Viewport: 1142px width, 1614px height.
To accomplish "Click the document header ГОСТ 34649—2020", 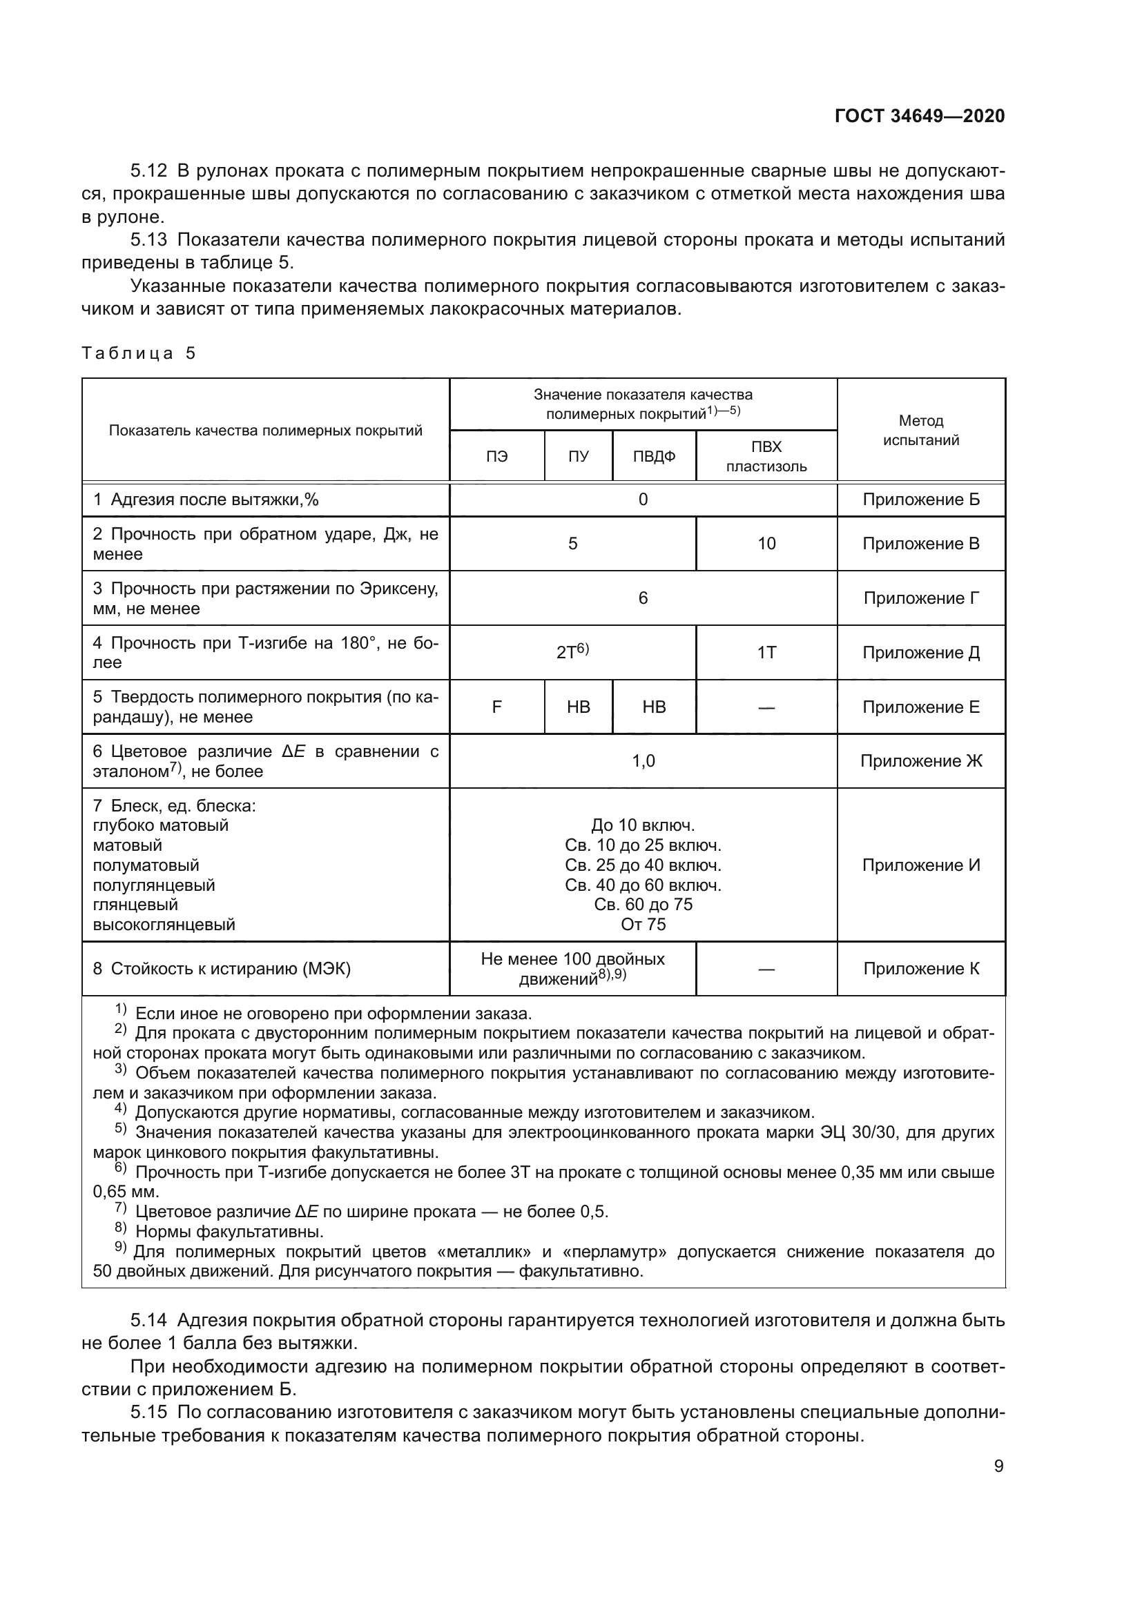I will pyautogui.click(x=920, y=116).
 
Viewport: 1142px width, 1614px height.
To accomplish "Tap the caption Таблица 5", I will pyautogui.click(x=139, y=353).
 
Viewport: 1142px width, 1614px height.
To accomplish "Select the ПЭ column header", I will pyautogui.click(x=496, y=456).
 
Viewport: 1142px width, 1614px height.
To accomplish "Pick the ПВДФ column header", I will pyautogui.click(x=654, y=456).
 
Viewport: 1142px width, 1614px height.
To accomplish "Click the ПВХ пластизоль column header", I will pyautogui.click(x=766, y=456).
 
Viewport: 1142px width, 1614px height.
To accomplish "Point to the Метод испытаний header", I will pyautogui.click(x=920, y=430).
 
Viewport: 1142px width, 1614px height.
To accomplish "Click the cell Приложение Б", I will pyautogui.click(x=920, y=500).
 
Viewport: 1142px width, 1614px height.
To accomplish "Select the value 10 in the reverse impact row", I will pyautogui.click(x=766, y=543).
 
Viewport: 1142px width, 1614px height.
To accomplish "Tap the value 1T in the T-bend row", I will pyautogui.click(x=766, y=653).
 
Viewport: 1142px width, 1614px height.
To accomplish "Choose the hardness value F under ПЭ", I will pyautogui.click(x=496, y=707).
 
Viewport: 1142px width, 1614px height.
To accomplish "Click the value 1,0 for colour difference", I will pyautogui.click(x=643, y=761).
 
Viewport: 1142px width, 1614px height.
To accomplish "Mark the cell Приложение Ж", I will pyautogui.click(x=920, y=761).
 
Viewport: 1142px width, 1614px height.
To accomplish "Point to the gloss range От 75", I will pyautogui.click(x=643, y=925).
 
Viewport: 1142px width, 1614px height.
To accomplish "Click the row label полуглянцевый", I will pyautogui.click(x=154, y=885).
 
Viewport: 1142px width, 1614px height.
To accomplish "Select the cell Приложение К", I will pyautogui.click(x=920, y=969).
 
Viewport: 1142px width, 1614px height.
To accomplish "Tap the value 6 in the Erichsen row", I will pyautogui.click(x=643, y=598).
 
